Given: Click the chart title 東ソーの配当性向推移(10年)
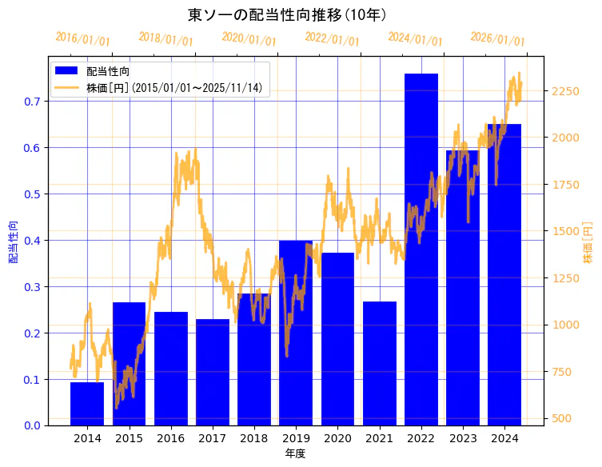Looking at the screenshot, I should [x=288, y=14].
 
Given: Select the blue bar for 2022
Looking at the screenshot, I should [x=421, y=249].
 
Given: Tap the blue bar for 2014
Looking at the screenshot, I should [x=87, y=404].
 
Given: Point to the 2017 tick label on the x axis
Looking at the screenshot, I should [x=213, y=438].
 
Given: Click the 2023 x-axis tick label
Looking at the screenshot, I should [x=462, y=438].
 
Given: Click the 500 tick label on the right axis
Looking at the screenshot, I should [x=561, y=418].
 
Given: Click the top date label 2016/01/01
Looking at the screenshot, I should [x=82, y=39].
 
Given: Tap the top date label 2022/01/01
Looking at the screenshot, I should [x=332, y=39].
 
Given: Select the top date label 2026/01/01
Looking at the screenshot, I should [x=497, y=39].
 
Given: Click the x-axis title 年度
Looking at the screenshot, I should [x=295, y=453].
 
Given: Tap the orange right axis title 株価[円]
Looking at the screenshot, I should [x=588, y=243].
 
